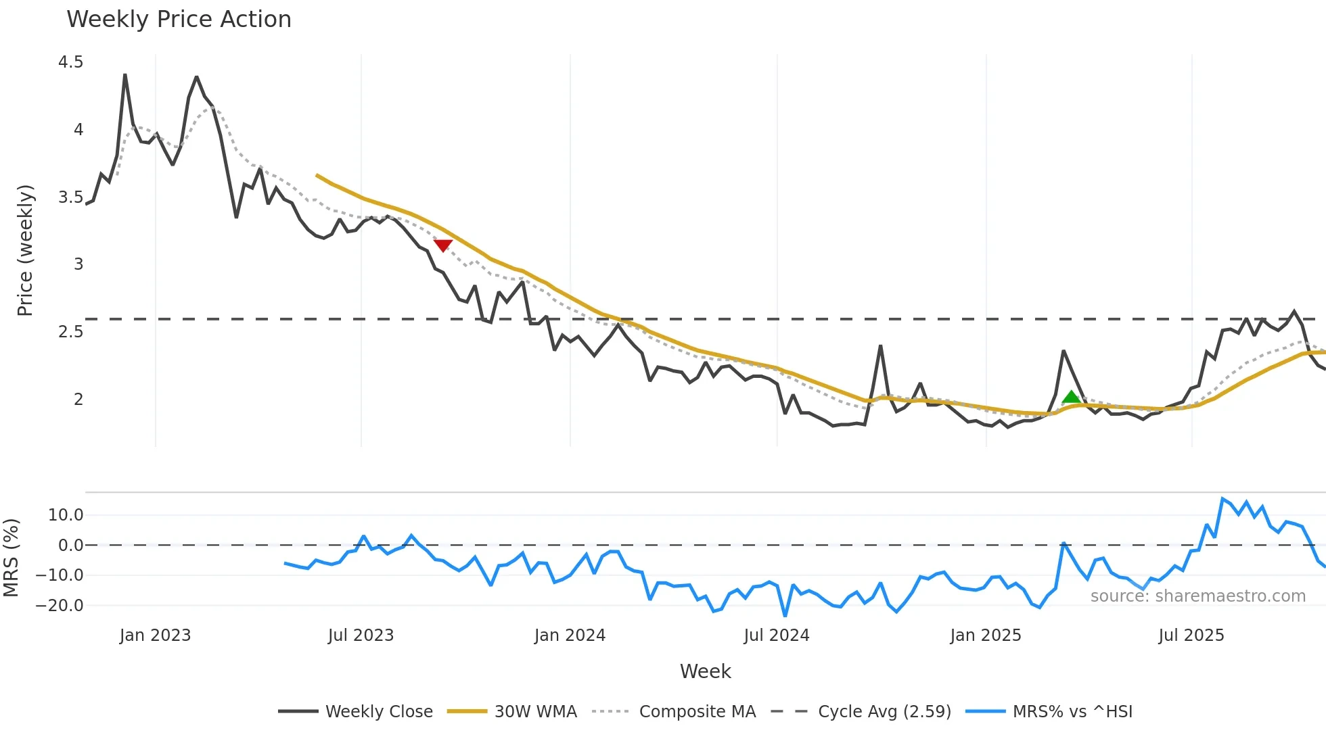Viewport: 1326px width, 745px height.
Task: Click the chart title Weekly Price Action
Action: [179, 20]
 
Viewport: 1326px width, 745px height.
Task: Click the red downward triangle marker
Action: [443, 245]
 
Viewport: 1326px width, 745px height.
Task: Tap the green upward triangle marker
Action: [1071, 397]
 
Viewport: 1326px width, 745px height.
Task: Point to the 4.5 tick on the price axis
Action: [71, 62]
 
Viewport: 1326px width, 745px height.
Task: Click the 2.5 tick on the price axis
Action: [71, 332]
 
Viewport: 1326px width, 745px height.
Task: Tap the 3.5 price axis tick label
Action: [71, 197]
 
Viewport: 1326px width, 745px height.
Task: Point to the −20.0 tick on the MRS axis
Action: [60, 606]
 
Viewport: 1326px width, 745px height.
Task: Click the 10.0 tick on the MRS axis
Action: [66, 515]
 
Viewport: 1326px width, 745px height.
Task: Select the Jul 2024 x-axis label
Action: [777, 635]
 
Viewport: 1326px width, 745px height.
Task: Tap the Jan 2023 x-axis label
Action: [156, 635]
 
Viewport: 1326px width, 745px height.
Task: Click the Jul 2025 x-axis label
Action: [1191, 635]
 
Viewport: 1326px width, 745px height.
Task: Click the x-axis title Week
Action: [705, 671]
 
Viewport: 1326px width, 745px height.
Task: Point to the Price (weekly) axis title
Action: [25, 250]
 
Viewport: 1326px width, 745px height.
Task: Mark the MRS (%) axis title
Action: [11, 558]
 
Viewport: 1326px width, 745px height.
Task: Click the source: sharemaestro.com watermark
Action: [1198, 596]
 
